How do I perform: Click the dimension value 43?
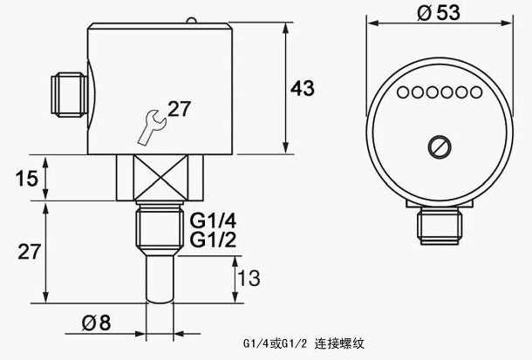[302, 88]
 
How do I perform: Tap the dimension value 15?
[27, 179]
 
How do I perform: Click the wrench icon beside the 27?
[151, 125]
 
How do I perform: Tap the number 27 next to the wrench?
[179, 109]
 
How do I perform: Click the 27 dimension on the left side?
[29, 252]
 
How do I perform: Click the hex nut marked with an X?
[159, 177]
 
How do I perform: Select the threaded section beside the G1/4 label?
[158, 228]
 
